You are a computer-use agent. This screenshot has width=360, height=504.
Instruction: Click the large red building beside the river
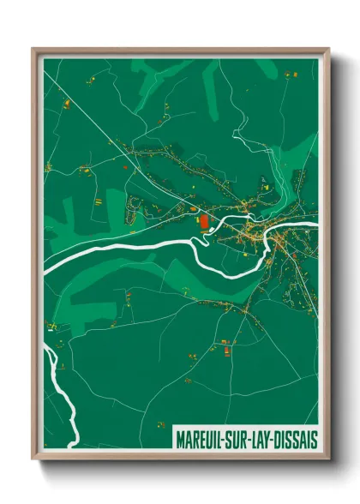point(204,222)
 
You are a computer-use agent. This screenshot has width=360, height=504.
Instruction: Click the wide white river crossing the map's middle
point(129,249)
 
